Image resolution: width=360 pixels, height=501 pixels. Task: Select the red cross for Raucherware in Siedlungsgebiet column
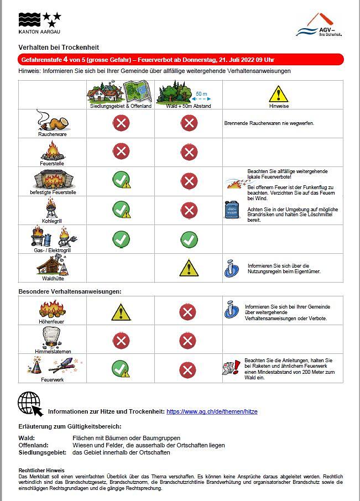(x=121, y=123)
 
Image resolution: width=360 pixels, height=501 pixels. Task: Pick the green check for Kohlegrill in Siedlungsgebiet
(x=121, y=210)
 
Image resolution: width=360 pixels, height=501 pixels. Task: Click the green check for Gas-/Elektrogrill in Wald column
(x=189, y=239)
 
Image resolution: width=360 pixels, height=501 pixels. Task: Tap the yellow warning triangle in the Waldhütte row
(x=189, y=268)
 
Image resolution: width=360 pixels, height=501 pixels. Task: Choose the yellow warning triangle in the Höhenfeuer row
(x=121, y=311)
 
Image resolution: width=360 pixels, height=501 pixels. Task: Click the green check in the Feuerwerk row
(x=121, y=369)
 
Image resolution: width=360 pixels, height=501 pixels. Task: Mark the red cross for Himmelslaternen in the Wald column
(x=189, y=340)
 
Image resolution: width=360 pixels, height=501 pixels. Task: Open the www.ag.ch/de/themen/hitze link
(x=212, y=411)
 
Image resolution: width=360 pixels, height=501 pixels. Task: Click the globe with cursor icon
(x=30, y=404)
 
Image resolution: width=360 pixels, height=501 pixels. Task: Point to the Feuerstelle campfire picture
(x=52, y=149)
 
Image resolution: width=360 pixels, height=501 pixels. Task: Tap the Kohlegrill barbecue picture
(x=52, y=208)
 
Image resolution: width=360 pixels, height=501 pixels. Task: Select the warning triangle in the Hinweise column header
(x=278, y=93)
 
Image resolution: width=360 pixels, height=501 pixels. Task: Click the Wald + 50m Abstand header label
(x=189, y=106)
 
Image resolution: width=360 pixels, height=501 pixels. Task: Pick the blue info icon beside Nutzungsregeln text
(x=231, y=268)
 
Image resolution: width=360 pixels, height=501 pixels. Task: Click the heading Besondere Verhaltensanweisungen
(x=70, y=291)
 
